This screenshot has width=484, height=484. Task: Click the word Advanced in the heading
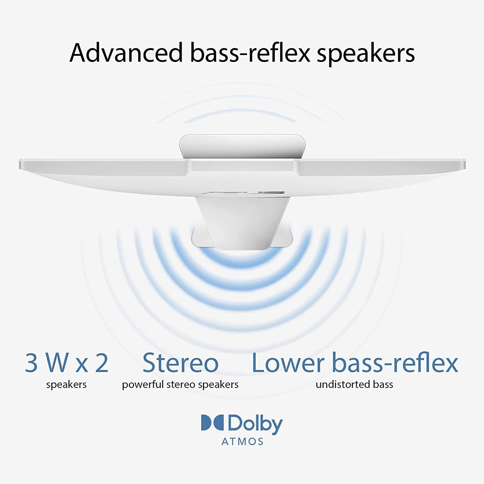click(x=126, y=53)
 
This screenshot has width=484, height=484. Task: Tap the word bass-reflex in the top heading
click(x=250, y=53)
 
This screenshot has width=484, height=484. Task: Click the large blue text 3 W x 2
click(x=67, y=363)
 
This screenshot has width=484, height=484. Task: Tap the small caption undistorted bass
click(x=354, y=384)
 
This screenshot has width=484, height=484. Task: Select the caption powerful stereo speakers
click(x=180, y=385)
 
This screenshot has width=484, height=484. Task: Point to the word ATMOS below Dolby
click(x=242, y=442)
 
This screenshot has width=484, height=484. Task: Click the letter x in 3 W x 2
click(x=82, y=365)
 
